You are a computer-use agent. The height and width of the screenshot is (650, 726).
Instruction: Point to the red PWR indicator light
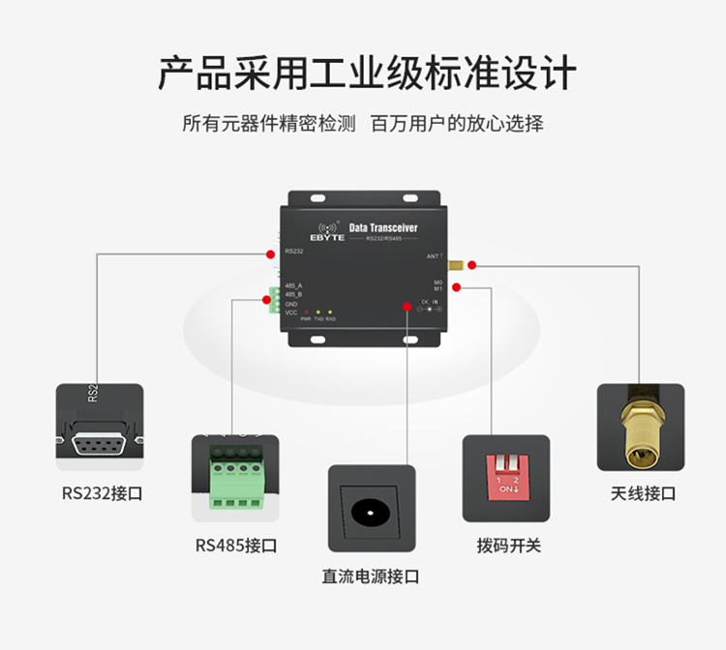pyautogui.click(x=306, y=313)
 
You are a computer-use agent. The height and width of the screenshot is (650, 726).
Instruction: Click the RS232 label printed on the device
pyautogui.click(x=294, y=251)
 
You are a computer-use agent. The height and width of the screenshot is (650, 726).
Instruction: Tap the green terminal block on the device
pyautogui.click(x=275, y=302)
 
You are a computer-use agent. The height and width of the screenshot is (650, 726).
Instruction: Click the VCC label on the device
pyautogui.click(x=291, y=312)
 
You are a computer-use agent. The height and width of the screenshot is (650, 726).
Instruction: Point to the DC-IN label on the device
pyautogui.click(x=429, y=302)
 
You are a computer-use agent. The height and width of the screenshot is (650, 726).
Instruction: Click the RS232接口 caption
pyautogui.click(x=102, y=493)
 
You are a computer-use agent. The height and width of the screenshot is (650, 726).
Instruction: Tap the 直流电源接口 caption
pyautogui.click(x=371, y=576)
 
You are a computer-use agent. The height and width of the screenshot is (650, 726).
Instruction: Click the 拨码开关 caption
pyautogui.click(x=508, y=546)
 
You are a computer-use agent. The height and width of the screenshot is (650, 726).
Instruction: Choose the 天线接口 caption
pyautogui.click(x=643, y=493)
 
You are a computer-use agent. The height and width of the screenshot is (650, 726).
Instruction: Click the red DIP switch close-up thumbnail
pyautogui.click(x=506, y=478)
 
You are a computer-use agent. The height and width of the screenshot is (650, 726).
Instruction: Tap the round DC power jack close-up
pyautogui.click(x=371, y=510)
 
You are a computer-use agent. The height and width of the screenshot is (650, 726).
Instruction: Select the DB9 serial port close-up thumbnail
pyautogui.click(x=100, y=428)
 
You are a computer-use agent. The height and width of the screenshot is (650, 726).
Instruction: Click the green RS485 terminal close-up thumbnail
pyautogui.click(x=235, y=479)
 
